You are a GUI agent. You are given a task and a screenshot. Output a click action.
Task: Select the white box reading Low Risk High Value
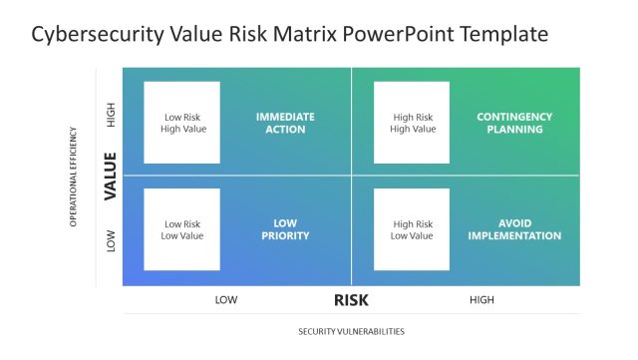[x=182, y=123]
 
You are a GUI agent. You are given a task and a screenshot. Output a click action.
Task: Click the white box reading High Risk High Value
[x=412, y=123]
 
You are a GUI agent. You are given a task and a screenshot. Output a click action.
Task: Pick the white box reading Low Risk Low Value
[x=182, y=230]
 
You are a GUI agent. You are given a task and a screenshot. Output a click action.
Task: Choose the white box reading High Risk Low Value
[x=412, y=230]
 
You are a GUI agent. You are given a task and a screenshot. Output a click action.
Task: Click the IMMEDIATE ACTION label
[x=285, y=123]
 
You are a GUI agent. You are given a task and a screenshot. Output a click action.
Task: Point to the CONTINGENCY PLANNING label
[x=514, y=123]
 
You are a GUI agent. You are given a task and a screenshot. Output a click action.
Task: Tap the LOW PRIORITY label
[x=285, y=230]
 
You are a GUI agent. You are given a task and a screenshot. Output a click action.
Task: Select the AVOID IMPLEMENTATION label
[x=514, y=230]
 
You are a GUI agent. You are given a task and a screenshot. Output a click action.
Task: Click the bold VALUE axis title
[x=111, y=176]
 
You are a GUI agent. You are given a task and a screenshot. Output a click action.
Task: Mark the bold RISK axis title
[x=352, y=300]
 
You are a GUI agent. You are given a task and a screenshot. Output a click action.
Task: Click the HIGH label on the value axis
[x=111, y=116]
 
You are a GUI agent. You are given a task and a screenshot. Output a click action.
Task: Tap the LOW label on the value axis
[x=111, y=240]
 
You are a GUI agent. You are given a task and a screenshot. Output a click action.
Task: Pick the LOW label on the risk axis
[x=226, y=300]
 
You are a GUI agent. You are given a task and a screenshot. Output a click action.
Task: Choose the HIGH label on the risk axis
[x=481, y=300]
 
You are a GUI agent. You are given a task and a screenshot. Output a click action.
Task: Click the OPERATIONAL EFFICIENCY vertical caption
[x=73, y=176]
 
